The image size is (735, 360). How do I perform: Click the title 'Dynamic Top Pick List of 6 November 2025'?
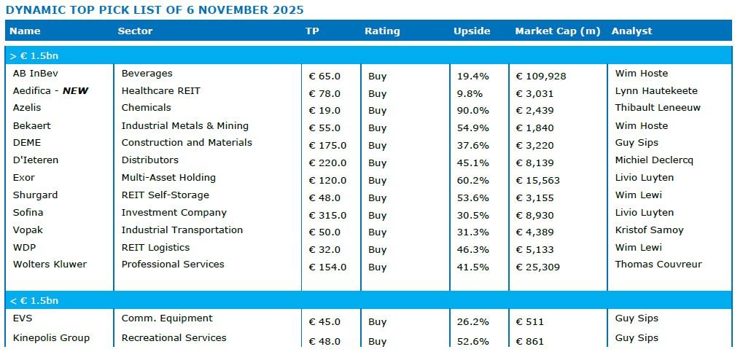click(x=154, y=10)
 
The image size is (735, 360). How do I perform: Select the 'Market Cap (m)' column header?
click(x=557, y=31)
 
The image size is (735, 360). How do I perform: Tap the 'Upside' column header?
click(x=472, y=31)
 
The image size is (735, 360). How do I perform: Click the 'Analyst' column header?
click(x=631, y=31)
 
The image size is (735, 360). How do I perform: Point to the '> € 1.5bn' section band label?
click(x=34, y=55)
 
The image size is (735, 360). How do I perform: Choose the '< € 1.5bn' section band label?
click(x=34, y=300)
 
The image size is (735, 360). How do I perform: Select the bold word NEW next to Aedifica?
click(x=75, y=91)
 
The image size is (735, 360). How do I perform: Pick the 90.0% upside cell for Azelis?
click(x=472, y=111)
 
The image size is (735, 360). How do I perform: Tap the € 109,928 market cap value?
click(x=541, y=76)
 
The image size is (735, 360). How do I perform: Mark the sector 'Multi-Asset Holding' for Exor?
click(x=168, y=178)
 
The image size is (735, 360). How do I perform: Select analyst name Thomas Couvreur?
click(x=658, y=265)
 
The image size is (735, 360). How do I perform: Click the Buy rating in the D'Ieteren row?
click(x=377, y=163)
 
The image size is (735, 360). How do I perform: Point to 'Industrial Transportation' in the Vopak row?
click(x=182, y=230)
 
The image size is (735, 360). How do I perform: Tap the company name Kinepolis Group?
click(x=51, y=338)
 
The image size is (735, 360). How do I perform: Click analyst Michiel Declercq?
click(x=654, y=160)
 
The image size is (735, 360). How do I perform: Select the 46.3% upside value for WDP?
click(x=472, y=250)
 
